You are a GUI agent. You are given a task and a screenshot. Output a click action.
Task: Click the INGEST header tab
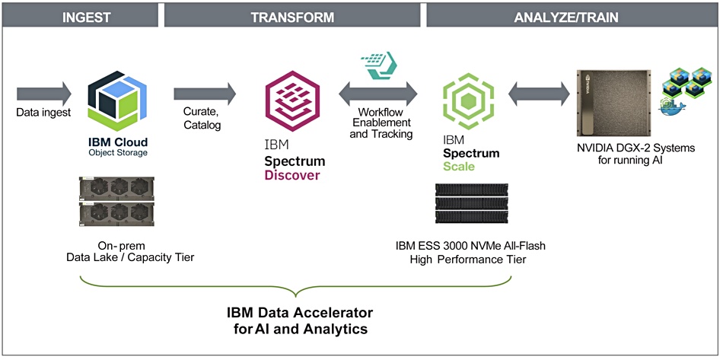pos(81,17)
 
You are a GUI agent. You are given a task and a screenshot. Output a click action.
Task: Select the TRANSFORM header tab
pos(292,17)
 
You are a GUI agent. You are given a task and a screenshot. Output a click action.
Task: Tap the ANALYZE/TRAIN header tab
pos(572,17)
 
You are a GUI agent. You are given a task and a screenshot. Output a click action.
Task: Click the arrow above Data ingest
pos(44,94)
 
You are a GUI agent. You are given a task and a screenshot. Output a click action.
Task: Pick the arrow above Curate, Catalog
pos(205,94)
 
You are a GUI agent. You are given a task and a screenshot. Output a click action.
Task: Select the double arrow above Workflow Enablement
pos(378,94)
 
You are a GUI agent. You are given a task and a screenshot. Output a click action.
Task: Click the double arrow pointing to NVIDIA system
pos(539,94)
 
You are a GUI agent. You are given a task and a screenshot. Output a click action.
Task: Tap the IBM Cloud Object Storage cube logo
pos(117,100)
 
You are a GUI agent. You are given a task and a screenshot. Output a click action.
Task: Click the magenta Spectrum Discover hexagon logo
pos(292,101)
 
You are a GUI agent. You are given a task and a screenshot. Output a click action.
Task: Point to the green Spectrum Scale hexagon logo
pos(468,101)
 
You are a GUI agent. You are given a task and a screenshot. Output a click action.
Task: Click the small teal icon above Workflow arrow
pos(379,65)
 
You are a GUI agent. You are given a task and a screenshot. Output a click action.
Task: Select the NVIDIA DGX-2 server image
pos(613,103)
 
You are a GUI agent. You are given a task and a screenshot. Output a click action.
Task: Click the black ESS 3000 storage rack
pos(472,203)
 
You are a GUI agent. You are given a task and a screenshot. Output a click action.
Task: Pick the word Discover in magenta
pos(292,176)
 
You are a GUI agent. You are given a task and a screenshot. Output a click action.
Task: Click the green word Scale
pos(458,166)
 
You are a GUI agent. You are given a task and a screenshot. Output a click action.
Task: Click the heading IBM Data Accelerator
pos(300,313)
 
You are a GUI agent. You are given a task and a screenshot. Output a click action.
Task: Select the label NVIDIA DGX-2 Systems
pos(635,148)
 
